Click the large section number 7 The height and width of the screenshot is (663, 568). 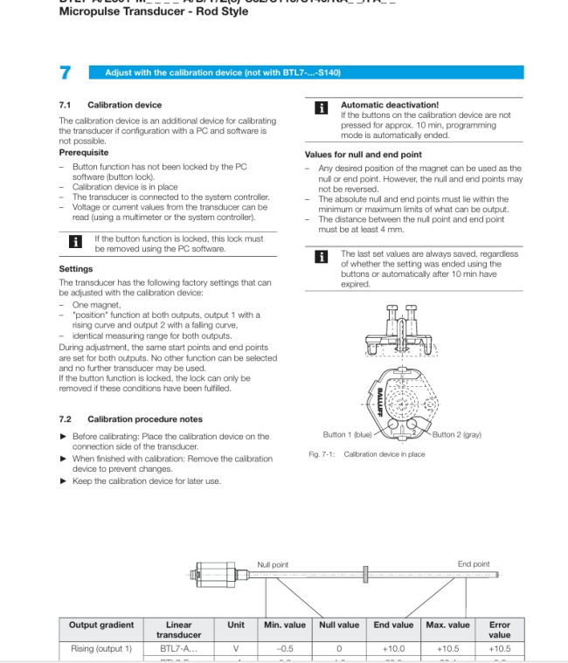[x=66, y=73]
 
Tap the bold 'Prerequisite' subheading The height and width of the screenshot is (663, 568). [x=84, y=153]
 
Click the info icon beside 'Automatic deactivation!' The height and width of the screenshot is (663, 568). [x=321, y=108]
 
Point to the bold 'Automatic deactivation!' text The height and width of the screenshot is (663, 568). [x=390, y=105]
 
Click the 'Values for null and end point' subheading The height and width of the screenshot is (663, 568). [x=363, y=155]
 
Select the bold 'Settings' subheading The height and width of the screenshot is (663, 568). [x=76, y=269]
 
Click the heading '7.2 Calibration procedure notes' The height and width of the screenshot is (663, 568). [x=130, y=419]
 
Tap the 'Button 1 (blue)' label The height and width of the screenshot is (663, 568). [x=348, y=434]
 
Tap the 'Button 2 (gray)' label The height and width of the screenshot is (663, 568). [x=456, y=434]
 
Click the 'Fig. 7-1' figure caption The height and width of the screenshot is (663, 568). [x=367, y=454]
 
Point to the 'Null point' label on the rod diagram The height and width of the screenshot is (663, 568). [x=273, y=564]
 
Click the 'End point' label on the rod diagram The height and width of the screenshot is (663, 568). [x=474, y=564]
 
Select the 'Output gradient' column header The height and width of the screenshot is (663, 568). [x=101, y=625]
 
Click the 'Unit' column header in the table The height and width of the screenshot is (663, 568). [x=236, y=625]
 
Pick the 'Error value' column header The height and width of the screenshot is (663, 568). [x=499, y=629]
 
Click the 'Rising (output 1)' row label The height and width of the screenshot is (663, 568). [x=101, y=649]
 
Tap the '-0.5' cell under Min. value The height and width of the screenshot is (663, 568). [x=284, y=649]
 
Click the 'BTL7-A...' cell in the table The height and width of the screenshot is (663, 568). [x=178, y=649]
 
